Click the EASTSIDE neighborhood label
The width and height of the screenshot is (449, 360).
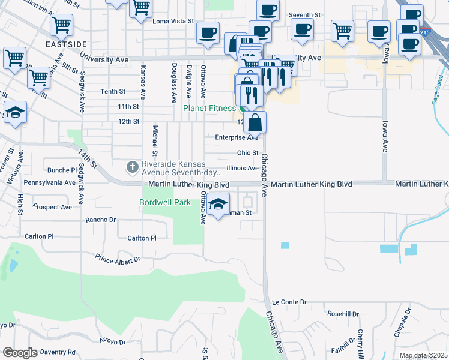[x=66, y=44]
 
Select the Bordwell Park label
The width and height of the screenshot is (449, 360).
[x=165, y=203]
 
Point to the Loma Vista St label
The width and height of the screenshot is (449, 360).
[x=173, y=21]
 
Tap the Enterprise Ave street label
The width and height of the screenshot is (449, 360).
[x=237, y=137]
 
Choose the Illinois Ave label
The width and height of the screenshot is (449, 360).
[x=243, y=169]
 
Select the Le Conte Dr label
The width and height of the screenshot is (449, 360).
[x=289, y=302]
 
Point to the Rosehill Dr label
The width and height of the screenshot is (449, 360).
[x=343, y=314]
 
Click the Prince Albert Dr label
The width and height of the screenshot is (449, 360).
[x=118, y=259]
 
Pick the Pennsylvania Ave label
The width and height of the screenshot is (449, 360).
[x=47, y=182]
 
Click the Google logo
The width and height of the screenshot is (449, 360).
[x=20, y=353]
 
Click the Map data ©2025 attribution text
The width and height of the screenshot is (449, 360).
[x=423, y=356]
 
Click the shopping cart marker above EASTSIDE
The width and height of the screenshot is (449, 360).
[x=61, y=25]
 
